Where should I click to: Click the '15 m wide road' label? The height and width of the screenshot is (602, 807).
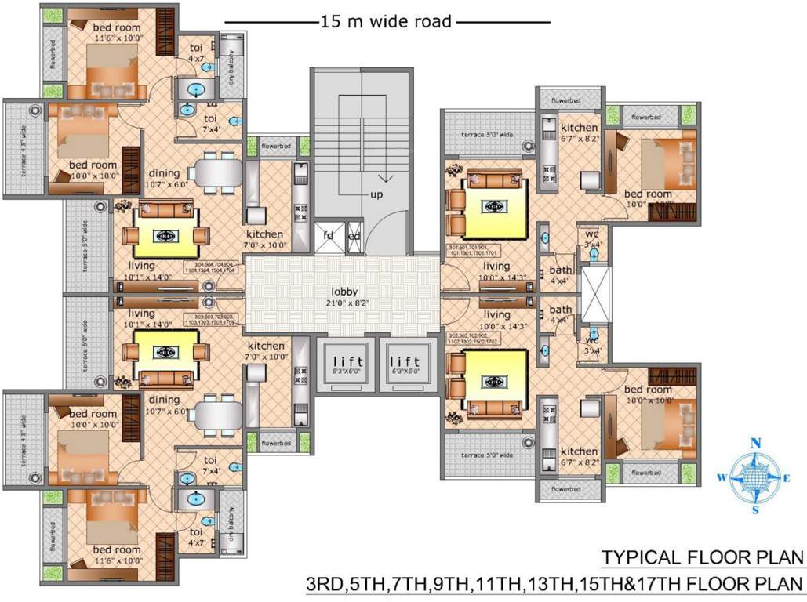[x=386, y=22]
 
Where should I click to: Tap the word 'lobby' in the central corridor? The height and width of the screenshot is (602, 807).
[x=344, y=292]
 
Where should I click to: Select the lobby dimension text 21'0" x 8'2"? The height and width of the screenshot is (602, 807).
[x=344, y=303]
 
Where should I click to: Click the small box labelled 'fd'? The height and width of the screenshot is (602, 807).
[x=328, y=236]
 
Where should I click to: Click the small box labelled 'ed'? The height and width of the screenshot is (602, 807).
[x=354, y=236]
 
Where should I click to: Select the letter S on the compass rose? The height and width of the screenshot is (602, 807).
[x=756, y=510]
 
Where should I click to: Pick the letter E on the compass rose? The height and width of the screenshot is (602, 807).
[x=787, y=477]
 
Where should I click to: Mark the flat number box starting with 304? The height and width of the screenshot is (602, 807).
[x=213, y=267]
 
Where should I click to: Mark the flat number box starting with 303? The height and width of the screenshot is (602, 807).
[x=213, y=319]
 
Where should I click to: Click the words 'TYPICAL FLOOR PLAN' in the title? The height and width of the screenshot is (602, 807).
[x=703, y=557]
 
